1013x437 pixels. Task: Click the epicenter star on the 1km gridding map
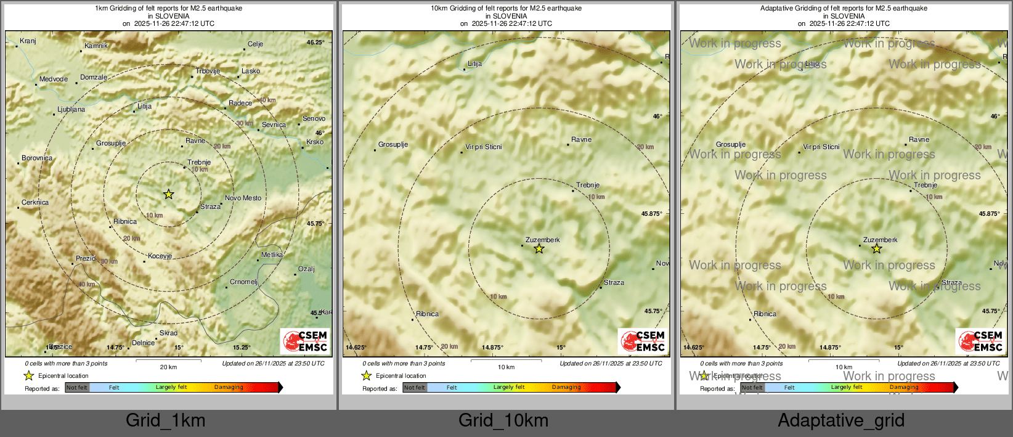168,194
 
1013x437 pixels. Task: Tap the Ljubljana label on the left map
71,110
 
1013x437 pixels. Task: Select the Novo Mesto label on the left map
243,198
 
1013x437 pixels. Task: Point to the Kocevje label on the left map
160,256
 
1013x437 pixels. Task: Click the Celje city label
255,44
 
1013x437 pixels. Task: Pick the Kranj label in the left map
28,41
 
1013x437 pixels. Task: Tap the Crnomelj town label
243,282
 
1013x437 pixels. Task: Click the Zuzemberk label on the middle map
542,240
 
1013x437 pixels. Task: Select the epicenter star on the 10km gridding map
539,248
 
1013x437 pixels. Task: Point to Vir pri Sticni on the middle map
484,147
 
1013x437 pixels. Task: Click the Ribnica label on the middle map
427,314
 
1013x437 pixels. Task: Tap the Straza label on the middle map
614,283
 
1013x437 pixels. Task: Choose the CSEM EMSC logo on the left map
305,341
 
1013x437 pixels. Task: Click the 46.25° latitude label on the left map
315,43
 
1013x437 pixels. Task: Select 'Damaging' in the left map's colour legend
229,388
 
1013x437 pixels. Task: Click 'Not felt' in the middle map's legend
415,388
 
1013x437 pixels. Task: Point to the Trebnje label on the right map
925,185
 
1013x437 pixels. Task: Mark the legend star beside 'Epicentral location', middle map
367,375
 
